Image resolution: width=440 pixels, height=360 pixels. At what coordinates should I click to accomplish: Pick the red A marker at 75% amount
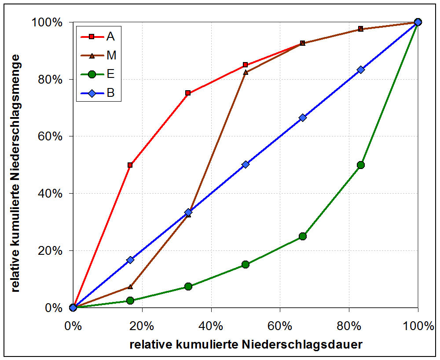pyautogui.click(x=188, y=93)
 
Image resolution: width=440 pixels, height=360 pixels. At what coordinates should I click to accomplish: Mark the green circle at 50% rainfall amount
pyautogui.click(x=361, y=165)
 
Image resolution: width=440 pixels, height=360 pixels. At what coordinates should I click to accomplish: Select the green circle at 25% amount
pyautogui.click(x=303, y=236)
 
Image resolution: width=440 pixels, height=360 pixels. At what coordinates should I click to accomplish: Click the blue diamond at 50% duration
pyautogui.click(x=246, y=164)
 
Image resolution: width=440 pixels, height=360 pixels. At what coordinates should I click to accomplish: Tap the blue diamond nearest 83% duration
pyautogui.click(x=361, y=70)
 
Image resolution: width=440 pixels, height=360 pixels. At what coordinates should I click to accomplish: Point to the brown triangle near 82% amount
pyautogui.click(x=246, y=72)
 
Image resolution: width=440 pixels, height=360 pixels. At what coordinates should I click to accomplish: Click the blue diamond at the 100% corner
pyautogui.click(x=418, y=22)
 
